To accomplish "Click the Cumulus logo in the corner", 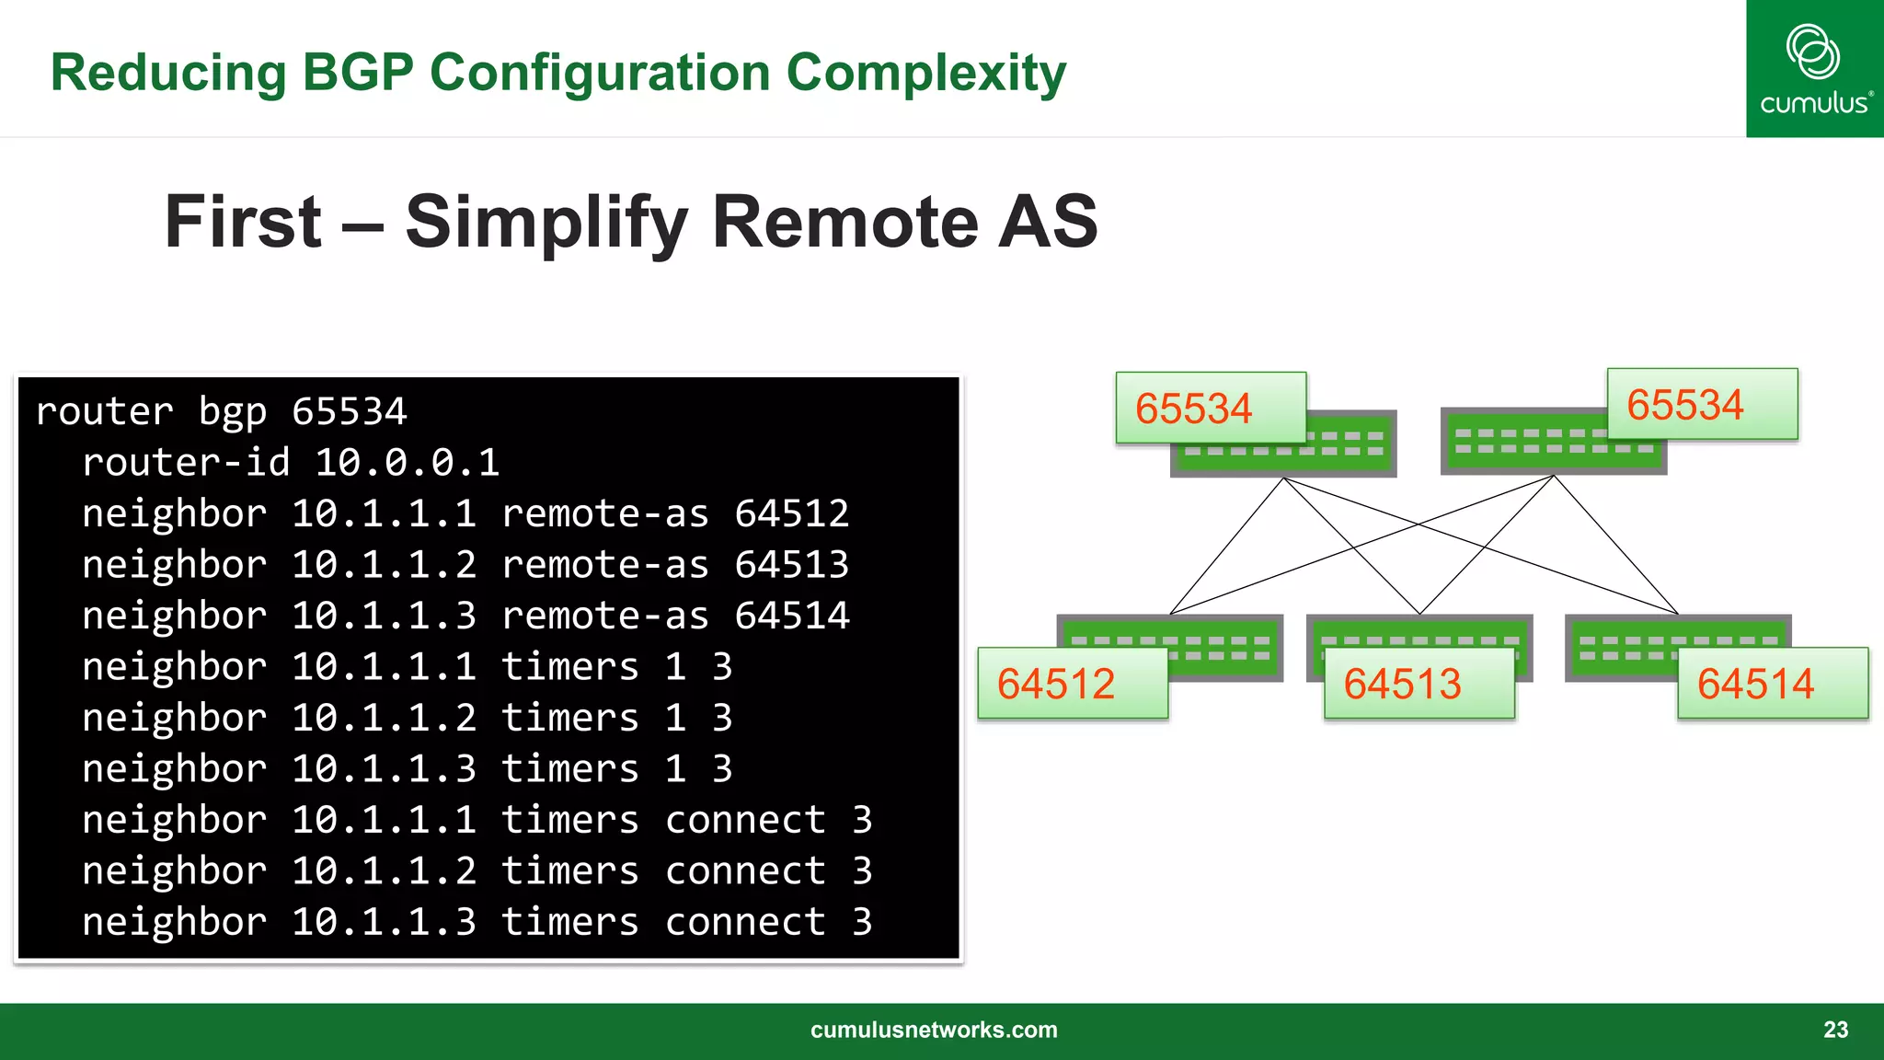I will (x=1814, y=69).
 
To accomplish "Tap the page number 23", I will (x=1835, y=1030).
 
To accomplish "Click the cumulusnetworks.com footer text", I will (x=934, y=1030).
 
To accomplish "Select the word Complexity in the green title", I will (x=926, y=74).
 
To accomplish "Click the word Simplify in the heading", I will (x=546, y=223).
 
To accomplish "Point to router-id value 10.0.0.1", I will (x=407, y=463).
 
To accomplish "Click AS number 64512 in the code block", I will (x=791, y=513).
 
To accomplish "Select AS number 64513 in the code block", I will (x=791, y=565).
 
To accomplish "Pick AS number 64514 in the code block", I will (x=791, y=616).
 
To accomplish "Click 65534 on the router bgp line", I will (x=349, y=411).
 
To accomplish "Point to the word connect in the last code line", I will (x=745, y=922).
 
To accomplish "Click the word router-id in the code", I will (x=186, y=463).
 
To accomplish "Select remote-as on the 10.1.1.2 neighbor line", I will (x=604, y=565).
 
